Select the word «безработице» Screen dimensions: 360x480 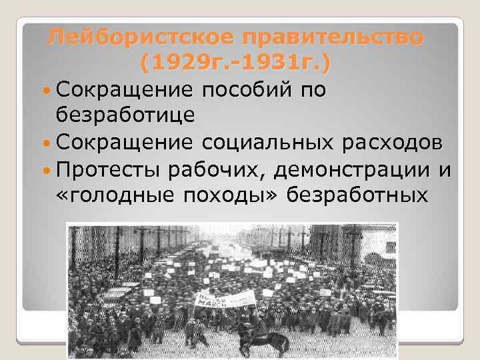[x=126, y=115]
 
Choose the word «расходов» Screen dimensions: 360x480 [x=393, y=141]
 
